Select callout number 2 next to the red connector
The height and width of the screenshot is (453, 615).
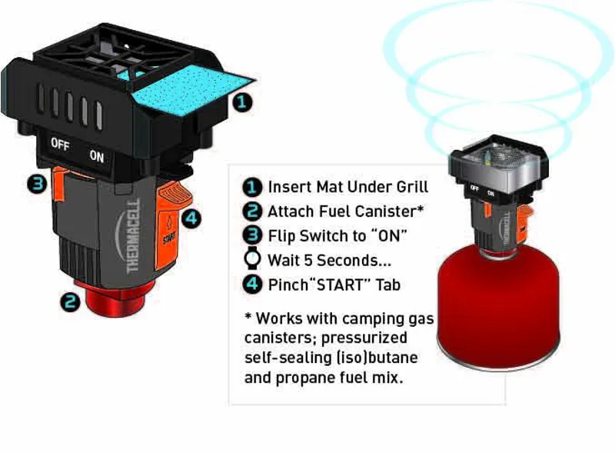(x=71, y=302)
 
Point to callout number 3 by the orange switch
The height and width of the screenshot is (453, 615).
(x=35, y=184)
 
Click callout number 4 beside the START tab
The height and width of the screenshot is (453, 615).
(x=192, y=218)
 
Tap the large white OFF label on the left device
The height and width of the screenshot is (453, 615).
(x=60, y=144)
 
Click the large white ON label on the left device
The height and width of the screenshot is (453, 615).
(x=97, y=155)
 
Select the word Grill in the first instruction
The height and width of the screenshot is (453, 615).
(x=407, y=186)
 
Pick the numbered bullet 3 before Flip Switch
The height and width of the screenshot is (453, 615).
(x=251, y=235)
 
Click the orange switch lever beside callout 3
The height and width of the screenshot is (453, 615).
(x=59, y=184)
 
